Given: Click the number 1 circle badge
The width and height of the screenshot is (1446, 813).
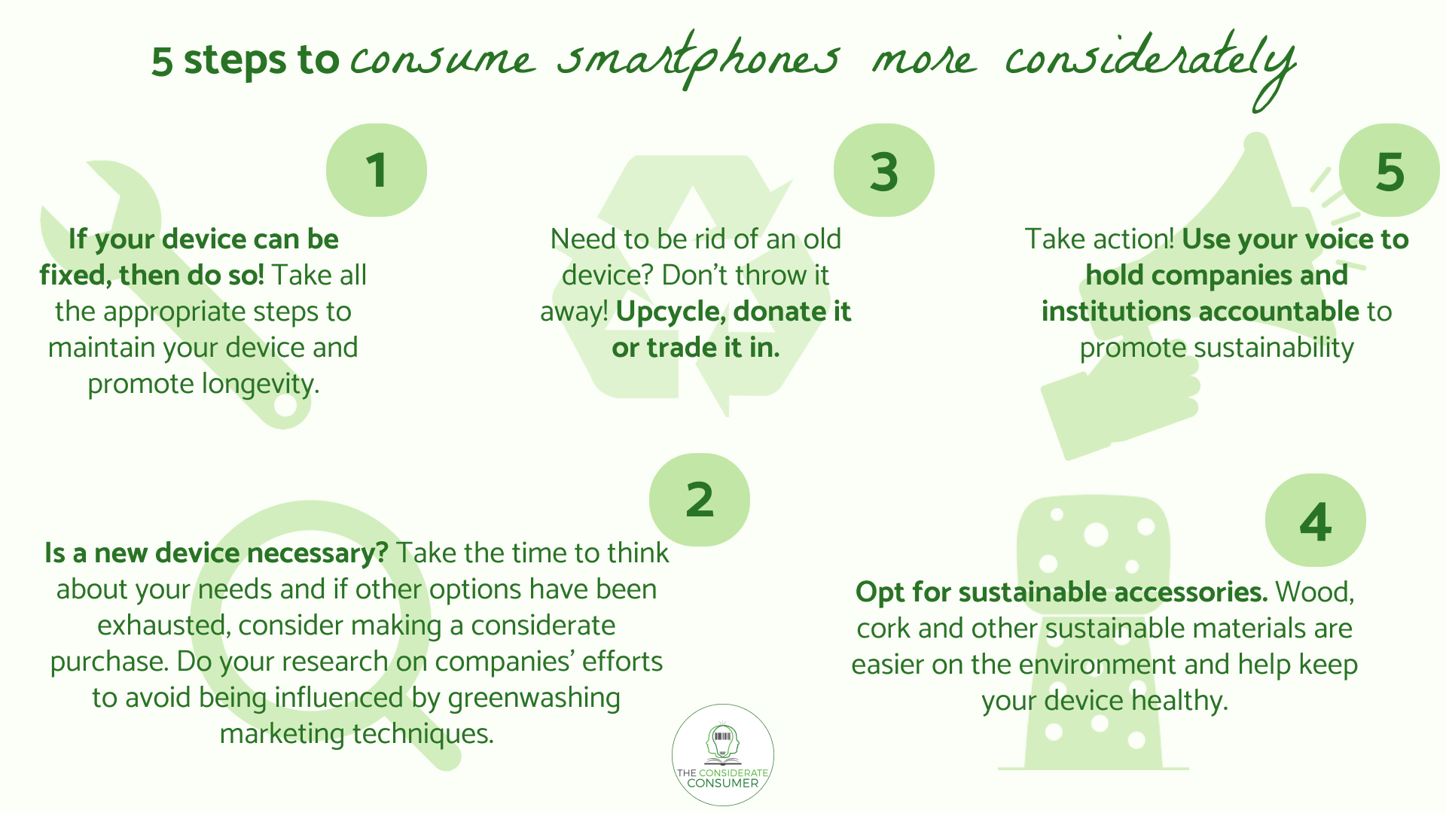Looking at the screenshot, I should [377, 170].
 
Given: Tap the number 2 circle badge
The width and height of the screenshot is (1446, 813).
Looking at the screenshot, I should [700, 500].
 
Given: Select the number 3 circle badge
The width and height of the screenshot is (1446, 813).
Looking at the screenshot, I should [884, 170].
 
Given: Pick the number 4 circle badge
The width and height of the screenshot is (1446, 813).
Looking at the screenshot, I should [1316, 520].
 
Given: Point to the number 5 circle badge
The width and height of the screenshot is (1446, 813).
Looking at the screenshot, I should [1390, 170].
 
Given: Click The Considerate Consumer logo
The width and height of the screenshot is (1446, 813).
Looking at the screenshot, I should [723, 755].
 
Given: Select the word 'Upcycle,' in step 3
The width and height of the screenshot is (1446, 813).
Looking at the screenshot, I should [671, 312].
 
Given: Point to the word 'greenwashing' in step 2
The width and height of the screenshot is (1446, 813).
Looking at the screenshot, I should [534, 698].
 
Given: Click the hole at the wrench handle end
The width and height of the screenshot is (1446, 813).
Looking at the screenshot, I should [285, 405].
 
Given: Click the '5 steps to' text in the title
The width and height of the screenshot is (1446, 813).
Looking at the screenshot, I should [245, 60].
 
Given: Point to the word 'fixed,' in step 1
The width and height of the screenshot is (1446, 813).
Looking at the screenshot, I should [75, 276].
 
